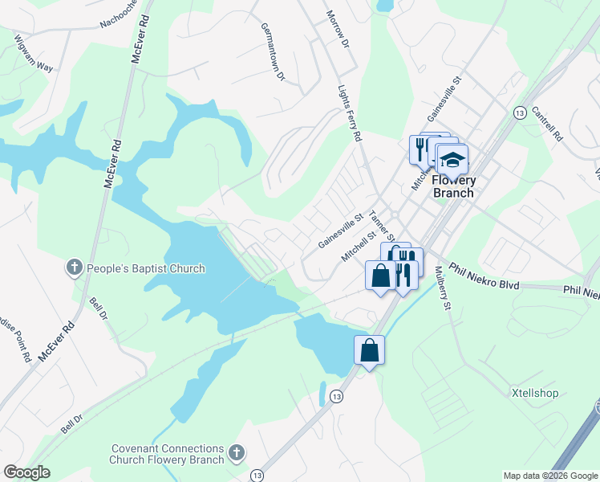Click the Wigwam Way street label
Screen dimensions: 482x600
[x=33, y=54]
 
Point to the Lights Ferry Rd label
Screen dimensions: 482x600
[x=349, y=115]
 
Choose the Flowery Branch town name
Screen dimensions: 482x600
[x=453, y=186]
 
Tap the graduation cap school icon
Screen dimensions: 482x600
[x=452, y=159]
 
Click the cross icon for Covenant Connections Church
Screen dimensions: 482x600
[x=236, y=453]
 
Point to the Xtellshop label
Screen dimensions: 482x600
[x=535, y=394]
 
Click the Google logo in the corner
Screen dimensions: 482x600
[x=26, y=472]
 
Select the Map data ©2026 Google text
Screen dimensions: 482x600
[x=550, y=476]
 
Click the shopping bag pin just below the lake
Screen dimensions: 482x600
[x=369, y=350]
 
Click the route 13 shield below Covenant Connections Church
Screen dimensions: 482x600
[x=257, y=474]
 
